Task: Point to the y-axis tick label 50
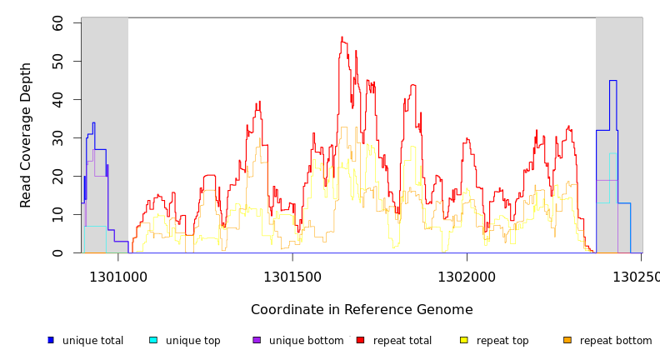point(57,62)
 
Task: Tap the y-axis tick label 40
point(57,100)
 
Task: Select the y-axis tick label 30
point(57,138)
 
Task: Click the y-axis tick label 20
point(57,177)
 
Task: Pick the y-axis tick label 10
point(57,215)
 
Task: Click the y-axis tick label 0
point(57,252)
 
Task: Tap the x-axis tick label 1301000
point(117,277)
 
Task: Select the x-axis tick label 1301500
point(292,277)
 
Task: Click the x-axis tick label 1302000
point(466,277)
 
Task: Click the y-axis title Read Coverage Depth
point(26,135)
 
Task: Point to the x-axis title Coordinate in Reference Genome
point(362,310)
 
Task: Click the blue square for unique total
point(51,340)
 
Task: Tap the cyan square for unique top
point(153,340)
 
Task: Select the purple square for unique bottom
point(257,340)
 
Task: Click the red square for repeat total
point(360,340)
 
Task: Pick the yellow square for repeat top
point(463,340)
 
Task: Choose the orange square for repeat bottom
point(567,340)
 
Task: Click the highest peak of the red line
point(342,37)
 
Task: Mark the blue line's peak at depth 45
point(612,81)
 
